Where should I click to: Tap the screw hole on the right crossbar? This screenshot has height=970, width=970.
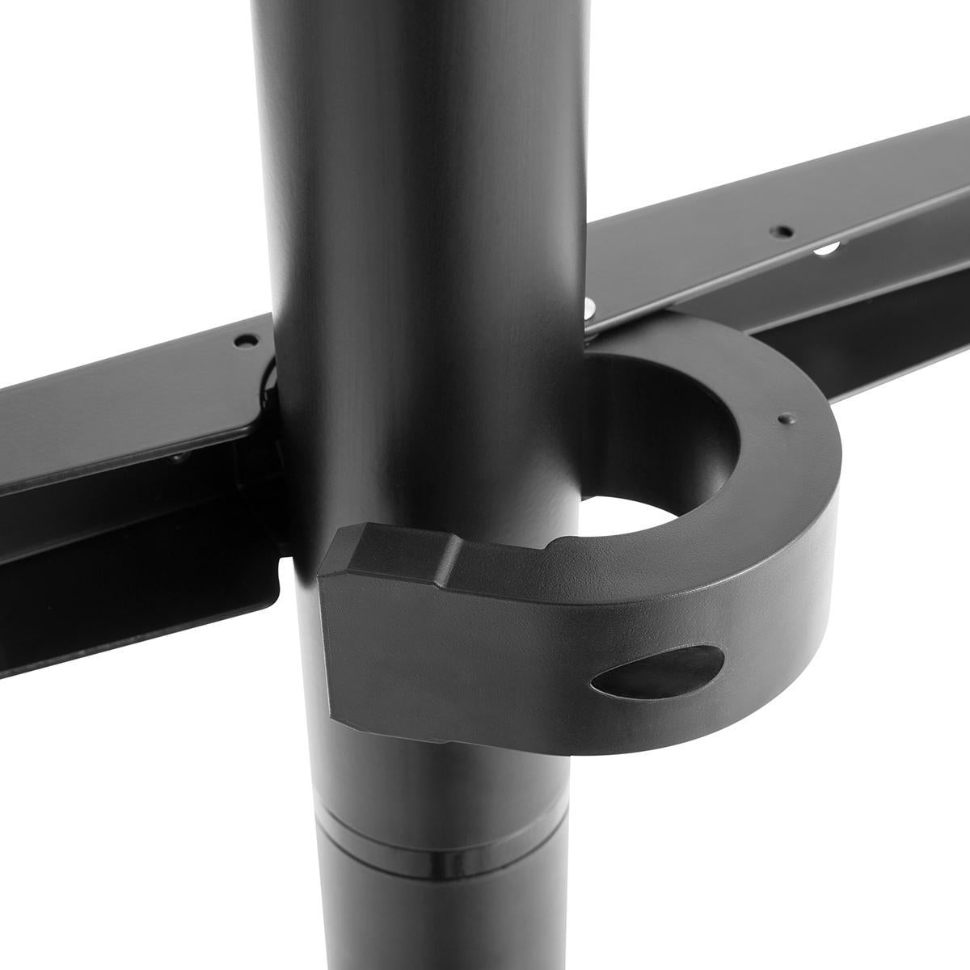click(x=781, y=231)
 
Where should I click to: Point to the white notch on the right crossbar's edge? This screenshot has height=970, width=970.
click(x=824, y=250)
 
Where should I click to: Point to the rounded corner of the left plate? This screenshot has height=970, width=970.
click(x=251, y=420)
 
